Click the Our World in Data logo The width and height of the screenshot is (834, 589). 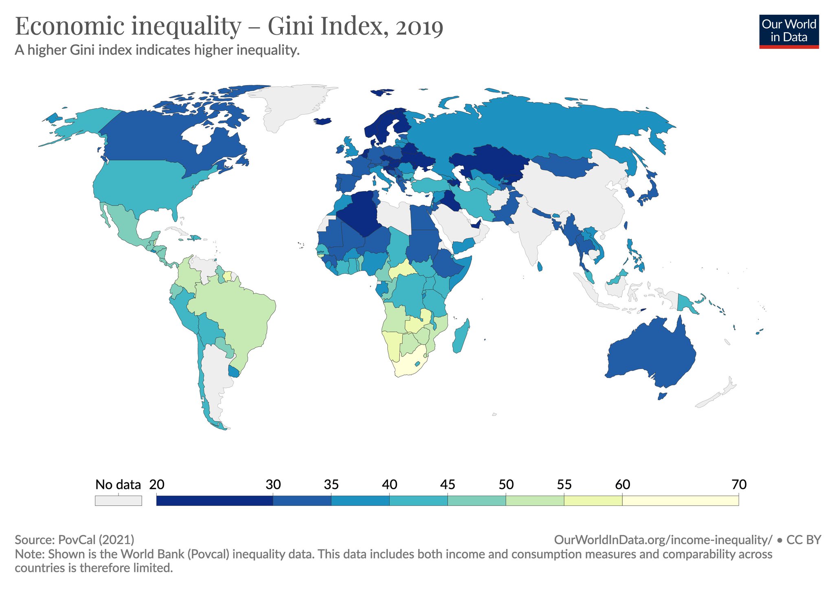(x=788, y=32)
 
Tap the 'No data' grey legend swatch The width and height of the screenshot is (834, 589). (x=118, y=500)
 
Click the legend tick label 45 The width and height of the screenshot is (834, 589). (x=448, y=484)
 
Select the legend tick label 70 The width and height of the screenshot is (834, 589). (x=739, y=484)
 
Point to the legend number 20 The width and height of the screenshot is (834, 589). (x=157, y=484)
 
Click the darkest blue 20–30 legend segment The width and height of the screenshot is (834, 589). (x=215, y=500)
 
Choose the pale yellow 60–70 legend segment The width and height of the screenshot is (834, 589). (x=680, y=500)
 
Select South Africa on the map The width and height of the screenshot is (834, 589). (x=409, y=363)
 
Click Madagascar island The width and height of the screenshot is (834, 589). (x=461, y=336)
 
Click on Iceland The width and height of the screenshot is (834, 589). (x=323, y=121)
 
